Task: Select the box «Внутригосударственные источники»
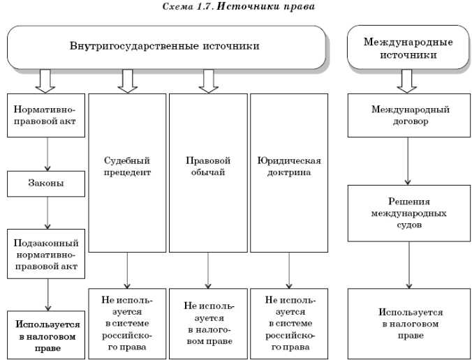[x=166, y=47]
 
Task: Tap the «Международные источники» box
[x=408, y=47]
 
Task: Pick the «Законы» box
[x=47, y=183]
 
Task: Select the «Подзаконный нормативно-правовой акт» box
[x=47, y=254]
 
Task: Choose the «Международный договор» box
[x=410, y=115]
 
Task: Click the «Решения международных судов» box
[x=410, y=213]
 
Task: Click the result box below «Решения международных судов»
[x=410, y=323]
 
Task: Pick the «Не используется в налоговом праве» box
[x=208, y=323]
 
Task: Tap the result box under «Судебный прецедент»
[x=127, y=323]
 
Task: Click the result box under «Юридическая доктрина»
[x=289, y=323]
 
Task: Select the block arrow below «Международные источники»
[x=407, y=81]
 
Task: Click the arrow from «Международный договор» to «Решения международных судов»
[x=409, y=160]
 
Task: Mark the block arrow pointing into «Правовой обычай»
[x=208, y=81]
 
